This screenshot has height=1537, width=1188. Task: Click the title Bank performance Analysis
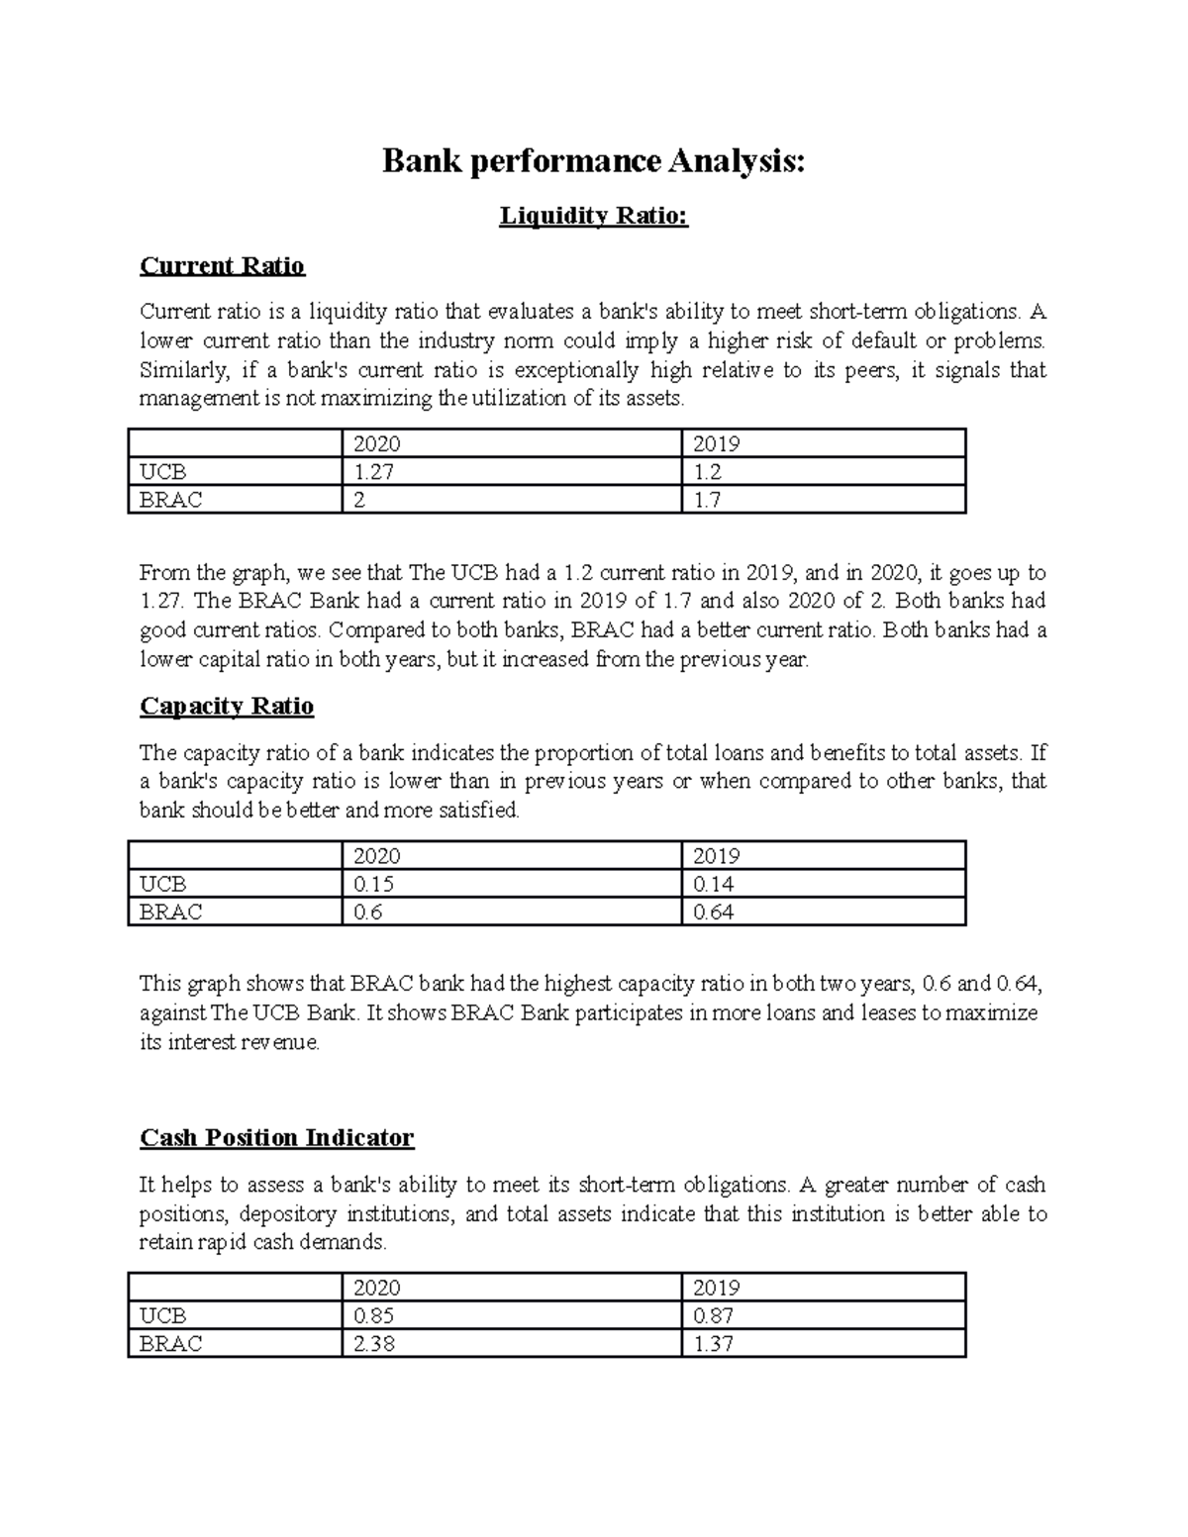(x=594, y=161)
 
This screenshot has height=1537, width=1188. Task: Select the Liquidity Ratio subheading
(x=593, y=215)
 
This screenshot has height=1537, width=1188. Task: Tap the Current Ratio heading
(x=222, y=265)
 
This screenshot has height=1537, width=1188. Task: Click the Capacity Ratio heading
(x=227, y=706)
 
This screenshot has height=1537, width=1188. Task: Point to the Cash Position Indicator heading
(x=276, y=1137)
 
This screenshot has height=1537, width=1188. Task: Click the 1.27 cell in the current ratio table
(x=374, y=472)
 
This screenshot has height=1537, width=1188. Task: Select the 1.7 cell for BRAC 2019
(x=707, y=500)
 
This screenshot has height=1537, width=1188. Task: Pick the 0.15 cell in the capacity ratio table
(x=374, y=884)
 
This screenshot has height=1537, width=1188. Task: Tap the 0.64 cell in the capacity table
(x=713, y=912)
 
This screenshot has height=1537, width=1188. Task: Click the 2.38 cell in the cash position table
(x=374, y=1343)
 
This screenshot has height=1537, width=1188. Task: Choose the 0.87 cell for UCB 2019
(x=713, y=1315)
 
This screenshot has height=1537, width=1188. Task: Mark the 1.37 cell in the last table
(x=713, y=1343)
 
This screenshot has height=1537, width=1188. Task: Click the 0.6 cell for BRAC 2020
(x=368, y=912)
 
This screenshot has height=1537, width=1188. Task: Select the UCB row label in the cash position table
(x=163, y=1315)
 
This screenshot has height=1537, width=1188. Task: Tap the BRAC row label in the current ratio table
(x=171, y=500)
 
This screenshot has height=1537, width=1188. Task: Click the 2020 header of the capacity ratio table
(x=377, y=856)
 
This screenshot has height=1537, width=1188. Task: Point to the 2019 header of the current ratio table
(x=717, y=443)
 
